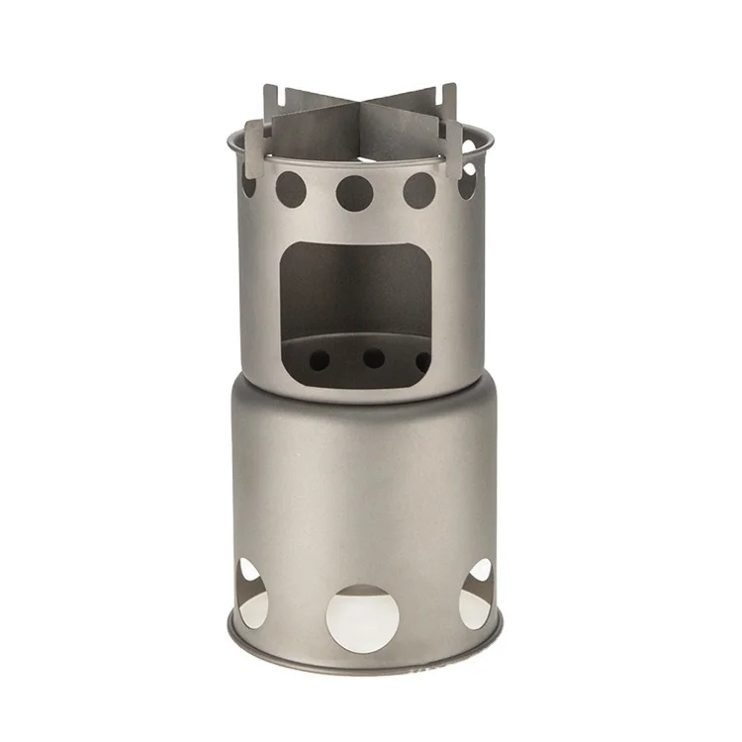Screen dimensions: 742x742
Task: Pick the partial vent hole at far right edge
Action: click(466, 179)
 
